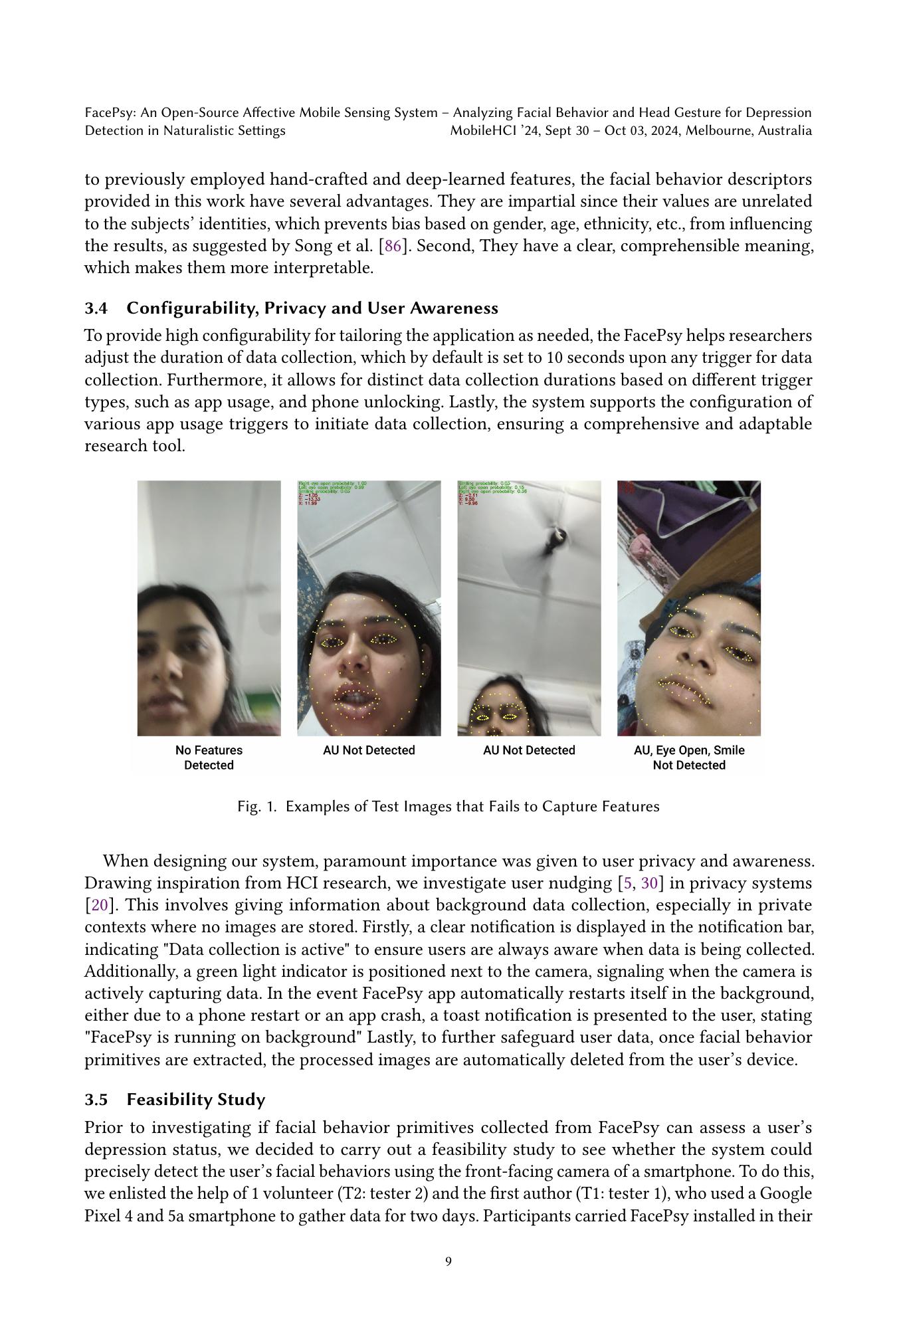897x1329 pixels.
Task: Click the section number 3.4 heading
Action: (x=96, y=308)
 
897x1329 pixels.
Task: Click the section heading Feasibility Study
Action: (x=195, y=1100)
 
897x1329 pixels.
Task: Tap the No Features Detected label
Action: (x=209, y=758)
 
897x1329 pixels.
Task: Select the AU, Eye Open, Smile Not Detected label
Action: (x=689, y=758)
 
